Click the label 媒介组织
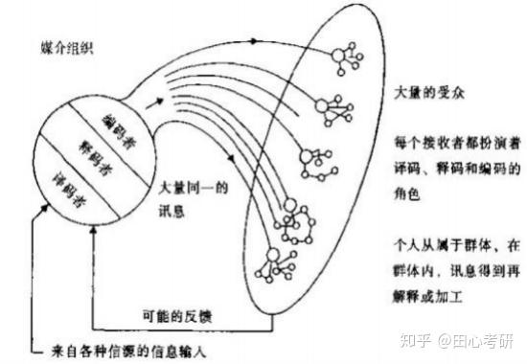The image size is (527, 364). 66,49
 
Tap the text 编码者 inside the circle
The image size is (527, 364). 120,131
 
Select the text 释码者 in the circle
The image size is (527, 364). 95,158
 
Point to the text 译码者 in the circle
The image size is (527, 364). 69,190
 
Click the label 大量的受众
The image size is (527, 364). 429,92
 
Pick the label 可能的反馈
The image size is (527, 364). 177,316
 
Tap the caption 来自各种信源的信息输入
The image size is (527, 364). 128,352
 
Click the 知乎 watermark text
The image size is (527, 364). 416,341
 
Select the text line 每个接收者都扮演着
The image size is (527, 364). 457,143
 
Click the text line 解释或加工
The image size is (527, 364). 427,296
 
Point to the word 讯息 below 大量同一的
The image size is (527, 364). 172,211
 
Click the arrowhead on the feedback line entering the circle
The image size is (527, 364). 94,230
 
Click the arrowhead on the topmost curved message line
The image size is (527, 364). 254,41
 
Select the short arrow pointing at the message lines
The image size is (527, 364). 154,103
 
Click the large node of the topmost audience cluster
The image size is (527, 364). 338,56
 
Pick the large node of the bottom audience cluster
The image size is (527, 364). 273,255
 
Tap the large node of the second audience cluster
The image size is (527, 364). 322,106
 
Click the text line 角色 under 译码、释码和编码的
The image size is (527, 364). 406,193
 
